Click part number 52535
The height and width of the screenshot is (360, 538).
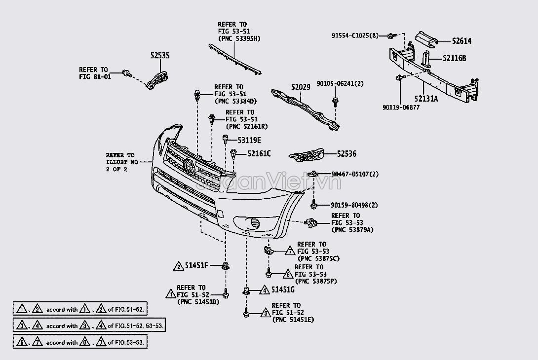(160, 56)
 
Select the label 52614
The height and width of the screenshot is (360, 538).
(461, 41)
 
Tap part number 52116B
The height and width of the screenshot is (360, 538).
(454, 58)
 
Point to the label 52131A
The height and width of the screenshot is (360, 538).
(426, 99)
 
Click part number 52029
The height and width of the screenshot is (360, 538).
(301, 87)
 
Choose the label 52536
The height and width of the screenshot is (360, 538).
(346, 154)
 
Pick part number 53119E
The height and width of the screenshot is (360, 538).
(249, 140)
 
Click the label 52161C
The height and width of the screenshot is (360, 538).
(259, 153)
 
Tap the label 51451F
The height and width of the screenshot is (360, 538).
(196, 265)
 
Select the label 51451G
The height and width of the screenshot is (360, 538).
(283, 289)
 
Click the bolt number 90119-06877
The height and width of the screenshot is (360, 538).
(401, 108)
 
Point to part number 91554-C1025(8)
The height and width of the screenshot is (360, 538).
(355, 36)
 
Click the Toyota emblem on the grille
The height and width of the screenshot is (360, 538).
(189, 166)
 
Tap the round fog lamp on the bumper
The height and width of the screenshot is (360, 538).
(255, 223)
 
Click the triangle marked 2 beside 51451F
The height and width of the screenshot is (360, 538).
(178, 266)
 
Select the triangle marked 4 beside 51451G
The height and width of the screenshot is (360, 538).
(264, 290)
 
